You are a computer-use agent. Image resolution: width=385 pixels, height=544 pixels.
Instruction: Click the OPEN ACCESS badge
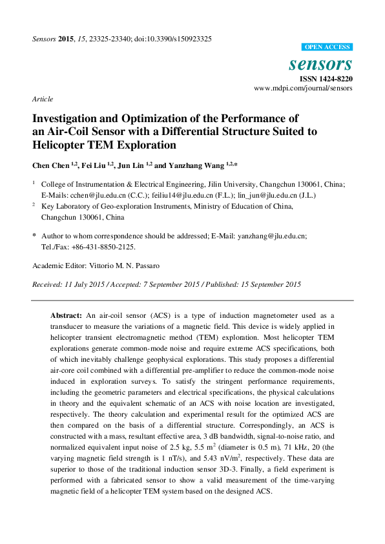(x=328, y=47)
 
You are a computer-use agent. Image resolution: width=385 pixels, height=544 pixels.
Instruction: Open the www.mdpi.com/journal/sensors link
(x=303, y=88)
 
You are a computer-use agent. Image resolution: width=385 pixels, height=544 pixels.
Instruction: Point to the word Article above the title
(x=42, y=99)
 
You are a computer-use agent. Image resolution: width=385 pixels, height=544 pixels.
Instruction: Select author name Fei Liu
(x=94, y=165)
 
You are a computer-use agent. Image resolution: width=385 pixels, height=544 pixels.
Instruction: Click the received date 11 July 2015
(x=79, y=284)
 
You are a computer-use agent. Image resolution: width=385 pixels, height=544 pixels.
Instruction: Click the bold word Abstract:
(x=67, y=315)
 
